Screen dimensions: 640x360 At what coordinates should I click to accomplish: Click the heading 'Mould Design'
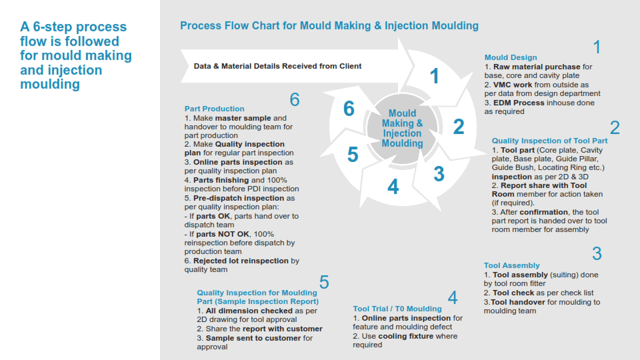coord(511,57)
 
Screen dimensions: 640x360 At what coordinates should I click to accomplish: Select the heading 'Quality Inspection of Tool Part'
coord(549,141)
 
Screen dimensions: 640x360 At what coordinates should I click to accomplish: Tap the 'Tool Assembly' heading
coord(511,265)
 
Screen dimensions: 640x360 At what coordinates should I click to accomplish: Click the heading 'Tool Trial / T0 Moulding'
coord(397,309)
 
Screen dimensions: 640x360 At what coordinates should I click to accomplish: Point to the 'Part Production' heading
coord(214,109)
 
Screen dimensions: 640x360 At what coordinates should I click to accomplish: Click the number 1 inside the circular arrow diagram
coord(434,76)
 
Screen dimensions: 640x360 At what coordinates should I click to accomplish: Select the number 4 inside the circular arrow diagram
coord(393,187)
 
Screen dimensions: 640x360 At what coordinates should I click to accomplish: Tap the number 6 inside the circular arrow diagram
coord(349,109)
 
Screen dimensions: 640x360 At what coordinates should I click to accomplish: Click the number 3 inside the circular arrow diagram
coord(439,174)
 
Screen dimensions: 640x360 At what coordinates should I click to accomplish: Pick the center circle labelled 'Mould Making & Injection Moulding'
coord(403,128)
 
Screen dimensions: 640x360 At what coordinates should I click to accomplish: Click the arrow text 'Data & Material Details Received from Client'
coord(277,66)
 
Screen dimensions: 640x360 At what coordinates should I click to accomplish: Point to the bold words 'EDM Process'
coord(519,103)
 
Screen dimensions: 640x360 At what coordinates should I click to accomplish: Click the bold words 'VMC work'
coord(513,85)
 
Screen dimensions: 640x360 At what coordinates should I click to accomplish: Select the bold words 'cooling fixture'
coord(406,336)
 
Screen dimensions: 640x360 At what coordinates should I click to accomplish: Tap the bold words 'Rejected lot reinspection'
coord(241,261)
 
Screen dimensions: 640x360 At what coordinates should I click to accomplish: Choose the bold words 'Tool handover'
coord(518,302)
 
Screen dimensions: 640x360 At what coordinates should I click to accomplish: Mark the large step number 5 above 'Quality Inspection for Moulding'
coord(324,283)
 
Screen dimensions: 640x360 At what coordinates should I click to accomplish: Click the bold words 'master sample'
coord(243,119)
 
